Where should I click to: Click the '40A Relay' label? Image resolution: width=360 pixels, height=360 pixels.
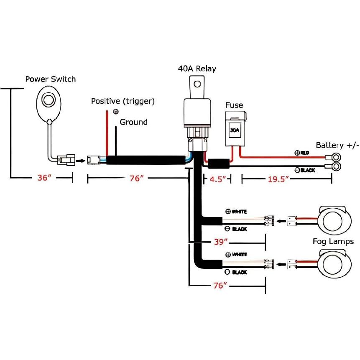[x=197, y=69]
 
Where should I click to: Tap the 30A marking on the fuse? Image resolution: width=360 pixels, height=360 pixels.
[x=235, y=130]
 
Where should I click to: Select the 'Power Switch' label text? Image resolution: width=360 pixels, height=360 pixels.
[x=51, y=79]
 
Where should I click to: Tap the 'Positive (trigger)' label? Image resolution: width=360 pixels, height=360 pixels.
[x=123, y=101]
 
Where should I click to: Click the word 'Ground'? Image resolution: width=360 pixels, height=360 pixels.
[x=133, y=122]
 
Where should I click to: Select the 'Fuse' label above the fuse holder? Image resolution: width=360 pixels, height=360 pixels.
[x=234, y=105]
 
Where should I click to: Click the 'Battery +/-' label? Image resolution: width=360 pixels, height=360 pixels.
[x=337, y=145]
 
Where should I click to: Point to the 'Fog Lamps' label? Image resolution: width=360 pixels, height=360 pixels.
[x=333, y=242]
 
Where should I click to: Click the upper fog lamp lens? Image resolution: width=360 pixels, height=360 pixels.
[x=334, y=220]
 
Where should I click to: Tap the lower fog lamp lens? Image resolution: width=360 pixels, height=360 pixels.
[x=334, y=264]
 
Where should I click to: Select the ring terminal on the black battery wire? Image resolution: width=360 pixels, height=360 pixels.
[x=336, y=167]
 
